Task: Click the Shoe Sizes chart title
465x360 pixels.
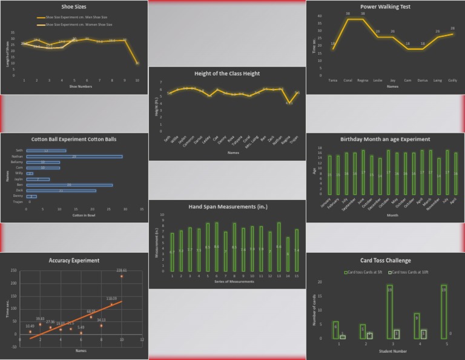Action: (x=74, y=7)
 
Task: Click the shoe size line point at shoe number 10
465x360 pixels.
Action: (x=137, y=63)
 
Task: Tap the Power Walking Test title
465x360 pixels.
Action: (x=385, y=7)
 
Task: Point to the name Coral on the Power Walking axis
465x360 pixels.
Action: (x=348, y=80)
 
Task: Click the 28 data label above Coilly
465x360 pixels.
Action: (x=452, y=28)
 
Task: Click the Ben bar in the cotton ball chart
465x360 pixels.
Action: (x=69, y=185)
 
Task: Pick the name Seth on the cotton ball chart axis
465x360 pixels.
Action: (x=19, y=150)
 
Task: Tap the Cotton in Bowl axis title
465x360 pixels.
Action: (x=84, y=215)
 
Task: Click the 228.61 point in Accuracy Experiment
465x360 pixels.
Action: (x=122, y=276)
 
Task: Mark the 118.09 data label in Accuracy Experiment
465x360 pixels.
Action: (x=111, y=299)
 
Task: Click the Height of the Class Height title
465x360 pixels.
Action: (x=227, y=73)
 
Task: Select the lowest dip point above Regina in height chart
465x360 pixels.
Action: (x=289, y=102)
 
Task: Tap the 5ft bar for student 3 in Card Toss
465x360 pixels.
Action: (x=389, y=312)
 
